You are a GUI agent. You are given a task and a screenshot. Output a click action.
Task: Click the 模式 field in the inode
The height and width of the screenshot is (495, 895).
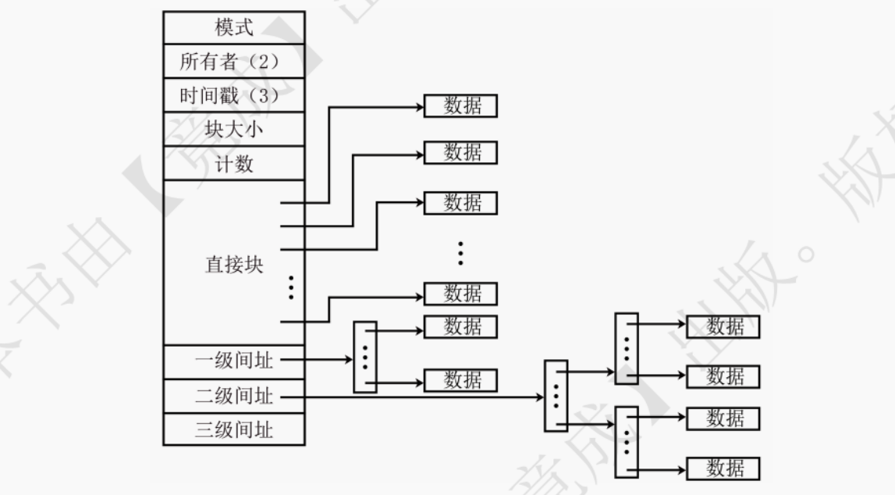234,27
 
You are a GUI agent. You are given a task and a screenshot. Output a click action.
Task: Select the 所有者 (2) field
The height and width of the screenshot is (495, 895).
234,62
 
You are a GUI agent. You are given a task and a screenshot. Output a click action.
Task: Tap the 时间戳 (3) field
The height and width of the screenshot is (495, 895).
234,95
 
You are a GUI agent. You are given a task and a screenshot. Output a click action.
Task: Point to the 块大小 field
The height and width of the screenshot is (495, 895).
234,130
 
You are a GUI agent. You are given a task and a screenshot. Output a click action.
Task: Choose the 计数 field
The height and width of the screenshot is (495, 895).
234,163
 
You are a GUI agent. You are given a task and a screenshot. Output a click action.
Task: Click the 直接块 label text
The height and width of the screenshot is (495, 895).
229,264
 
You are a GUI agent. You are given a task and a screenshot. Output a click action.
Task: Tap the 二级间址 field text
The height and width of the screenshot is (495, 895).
234,396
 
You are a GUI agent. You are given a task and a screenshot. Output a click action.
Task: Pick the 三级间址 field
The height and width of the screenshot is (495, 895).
234,429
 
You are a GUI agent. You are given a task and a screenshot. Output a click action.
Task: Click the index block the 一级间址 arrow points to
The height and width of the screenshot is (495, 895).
364,357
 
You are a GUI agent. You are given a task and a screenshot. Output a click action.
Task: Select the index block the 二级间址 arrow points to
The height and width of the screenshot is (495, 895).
556,396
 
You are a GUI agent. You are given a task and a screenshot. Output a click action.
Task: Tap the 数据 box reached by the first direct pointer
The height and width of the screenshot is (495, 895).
460,107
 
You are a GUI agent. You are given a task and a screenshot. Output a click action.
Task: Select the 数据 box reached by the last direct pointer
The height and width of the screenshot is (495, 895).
460,294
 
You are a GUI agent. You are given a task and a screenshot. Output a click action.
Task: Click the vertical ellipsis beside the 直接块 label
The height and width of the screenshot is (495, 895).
291,287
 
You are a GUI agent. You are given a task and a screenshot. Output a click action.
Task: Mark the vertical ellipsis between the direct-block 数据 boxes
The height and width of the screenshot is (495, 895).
460,253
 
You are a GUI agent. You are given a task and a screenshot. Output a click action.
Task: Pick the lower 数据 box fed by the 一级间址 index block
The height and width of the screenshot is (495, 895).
460,380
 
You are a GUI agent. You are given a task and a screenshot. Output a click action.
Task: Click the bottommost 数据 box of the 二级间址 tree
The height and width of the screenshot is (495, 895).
723,468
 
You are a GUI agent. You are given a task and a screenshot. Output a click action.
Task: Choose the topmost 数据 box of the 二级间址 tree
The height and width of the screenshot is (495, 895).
723,326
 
